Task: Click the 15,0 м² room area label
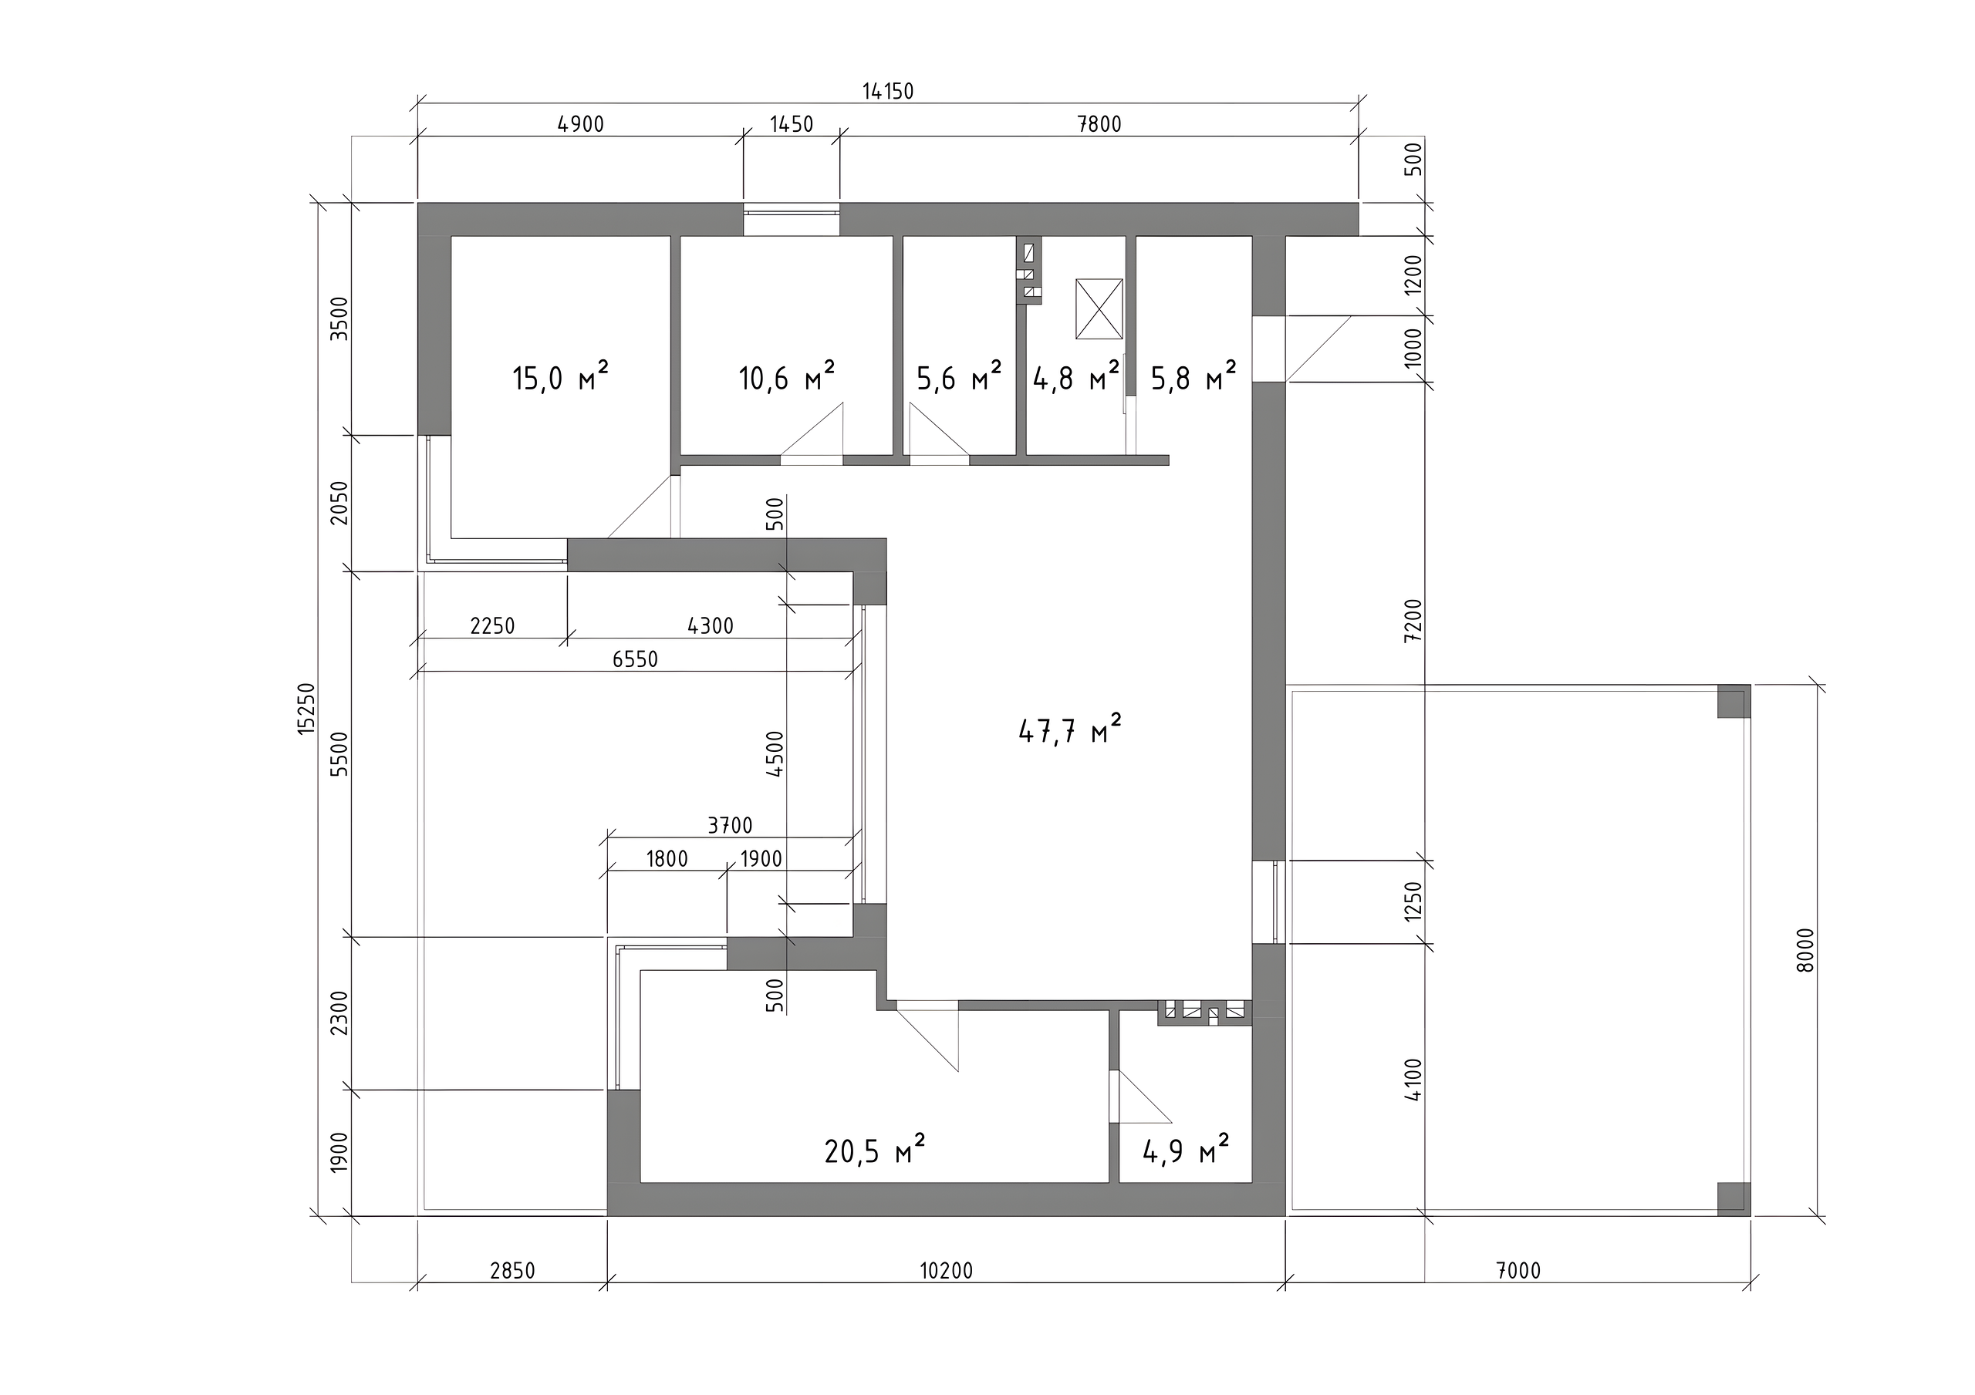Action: coord(561,376)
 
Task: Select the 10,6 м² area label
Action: coord(787,376)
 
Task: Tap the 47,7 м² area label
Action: coord(1070,730)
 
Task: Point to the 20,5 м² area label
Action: coord(875,1150)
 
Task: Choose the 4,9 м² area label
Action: coord(1185,1150)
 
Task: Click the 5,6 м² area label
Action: coord(959,376)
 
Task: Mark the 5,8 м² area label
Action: coord(1194,376)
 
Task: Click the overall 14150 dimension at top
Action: coord(889,91)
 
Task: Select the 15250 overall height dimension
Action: coord(307,709)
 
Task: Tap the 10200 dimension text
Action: coord(946,1270)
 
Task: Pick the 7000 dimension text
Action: coord(1518,1270)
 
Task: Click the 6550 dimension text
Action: coord(635,659)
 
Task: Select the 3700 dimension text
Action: coord(730,826)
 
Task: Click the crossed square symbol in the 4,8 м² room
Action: coord(1099,308)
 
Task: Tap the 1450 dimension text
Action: coord(792,124)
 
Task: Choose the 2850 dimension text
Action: coord(513,1270)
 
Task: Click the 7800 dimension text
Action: coord(1099,124)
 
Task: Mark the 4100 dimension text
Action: coord(1413,1079)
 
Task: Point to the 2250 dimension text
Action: coord(492,625)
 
